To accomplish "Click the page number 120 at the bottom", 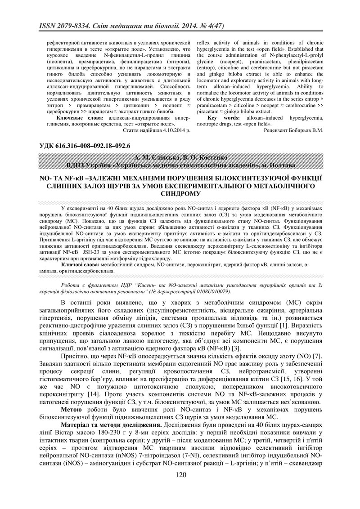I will [180, 488].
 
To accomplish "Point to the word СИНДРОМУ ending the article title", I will [180, 193].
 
